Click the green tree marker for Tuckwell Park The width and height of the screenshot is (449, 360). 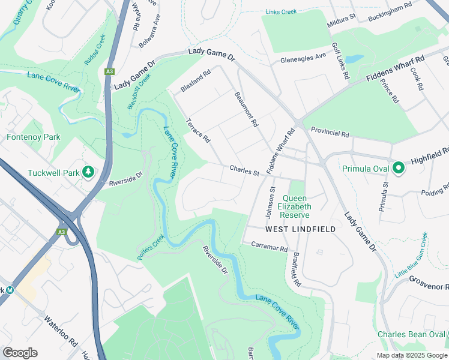coord(89,173)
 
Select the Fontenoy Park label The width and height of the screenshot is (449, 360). coord(34,137)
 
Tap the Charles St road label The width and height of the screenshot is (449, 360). coord(244,172)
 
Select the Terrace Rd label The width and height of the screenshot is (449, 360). coord(198,130)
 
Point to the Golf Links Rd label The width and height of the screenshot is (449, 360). coord(340,62)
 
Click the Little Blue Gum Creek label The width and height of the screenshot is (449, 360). coord(412,255)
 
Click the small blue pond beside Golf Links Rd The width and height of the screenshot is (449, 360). coord(354,59)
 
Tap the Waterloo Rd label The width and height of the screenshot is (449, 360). coord(61,329)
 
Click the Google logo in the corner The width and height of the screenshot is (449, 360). coord(20,353)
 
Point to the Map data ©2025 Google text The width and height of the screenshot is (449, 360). coord(411,355)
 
